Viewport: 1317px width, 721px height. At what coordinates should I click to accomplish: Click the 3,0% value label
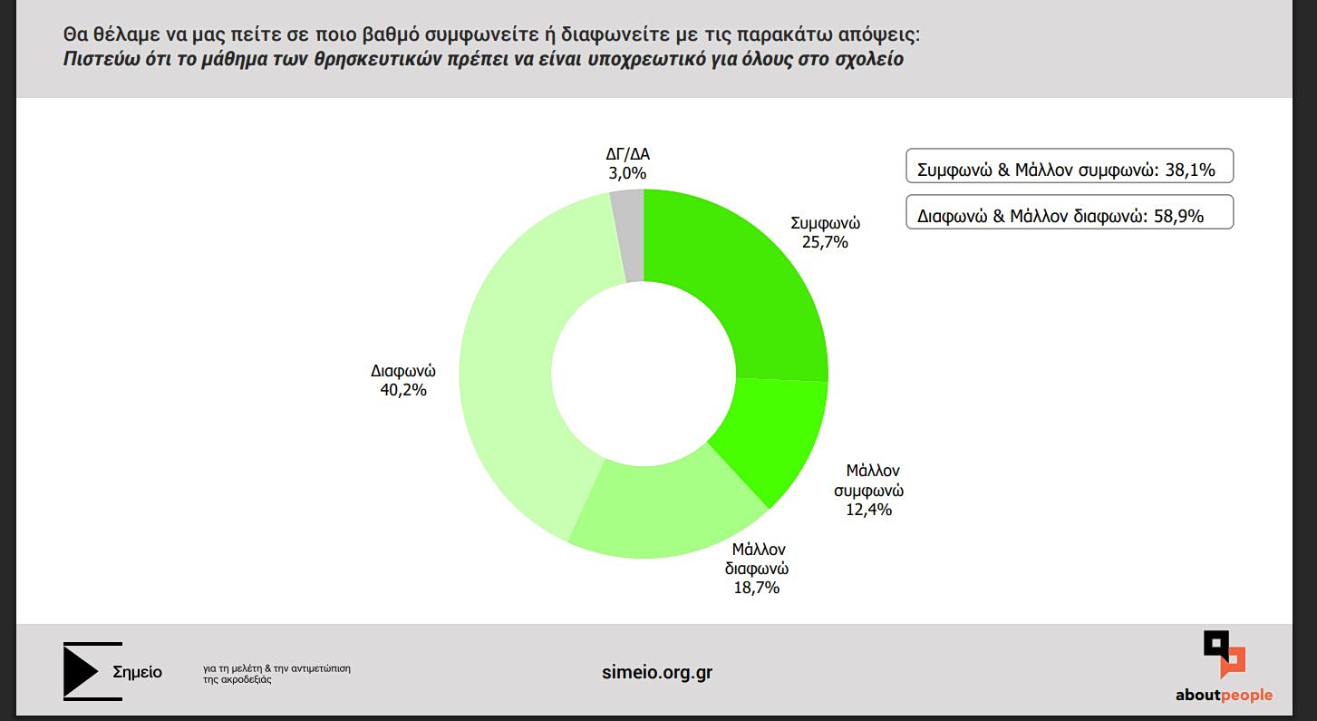(627, 173)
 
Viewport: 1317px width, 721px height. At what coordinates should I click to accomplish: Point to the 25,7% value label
(825, 242)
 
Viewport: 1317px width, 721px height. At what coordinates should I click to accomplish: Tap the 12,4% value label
(869, 510)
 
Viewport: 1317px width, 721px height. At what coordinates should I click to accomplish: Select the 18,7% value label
(757, 588)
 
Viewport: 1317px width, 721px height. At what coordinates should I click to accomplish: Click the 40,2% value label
(403, 390)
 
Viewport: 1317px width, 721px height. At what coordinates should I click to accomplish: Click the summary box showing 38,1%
(1070, 167)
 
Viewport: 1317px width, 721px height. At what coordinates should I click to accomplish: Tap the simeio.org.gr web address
(657, 673)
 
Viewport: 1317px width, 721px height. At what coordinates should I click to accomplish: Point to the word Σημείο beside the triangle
(138, 672)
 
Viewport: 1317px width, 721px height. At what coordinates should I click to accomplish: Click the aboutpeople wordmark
(1224, 696)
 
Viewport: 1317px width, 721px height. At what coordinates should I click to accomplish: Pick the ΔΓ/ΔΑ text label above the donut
(627, 154)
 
